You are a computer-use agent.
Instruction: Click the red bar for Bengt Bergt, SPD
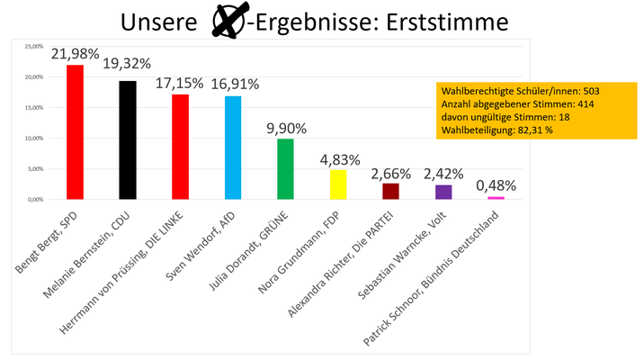click(76, 131)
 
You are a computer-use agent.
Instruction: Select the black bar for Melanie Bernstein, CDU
click(128, 139)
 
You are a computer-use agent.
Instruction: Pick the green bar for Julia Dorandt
click(285, 168)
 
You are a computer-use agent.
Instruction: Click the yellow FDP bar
click(338, 184)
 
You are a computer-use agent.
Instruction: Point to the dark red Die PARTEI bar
click(390, 190)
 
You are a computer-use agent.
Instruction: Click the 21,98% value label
click(76, 55)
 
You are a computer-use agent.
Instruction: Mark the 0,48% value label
click(496, 185)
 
